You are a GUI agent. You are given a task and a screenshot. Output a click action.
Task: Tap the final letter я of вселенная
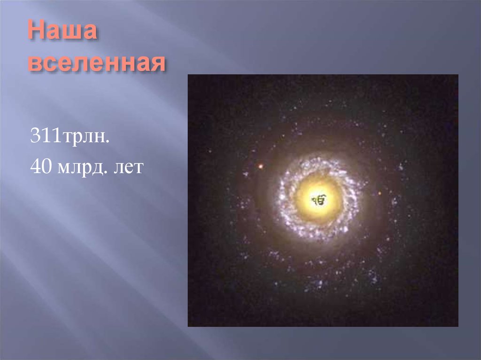157,65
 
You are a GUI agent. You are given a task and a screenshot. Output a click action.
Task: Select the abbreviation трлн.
84,138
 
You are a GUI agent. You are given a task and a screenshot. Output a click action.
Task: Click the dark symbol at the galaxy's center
318,200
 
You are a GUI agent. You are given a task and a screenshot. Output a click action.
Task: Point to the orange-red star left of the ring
260,166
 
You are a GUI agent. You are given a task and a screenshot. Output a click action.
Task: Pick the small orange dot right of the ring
380,192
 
